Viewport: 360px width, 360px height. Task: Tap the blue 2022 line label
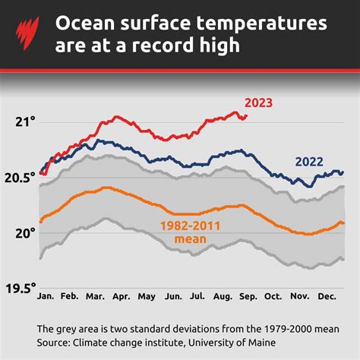click(309, 161)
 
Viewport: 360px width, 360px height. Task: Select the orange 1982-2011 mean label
click(185, 232)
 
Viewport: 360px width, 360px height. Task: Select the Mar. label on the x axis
click(95, 296)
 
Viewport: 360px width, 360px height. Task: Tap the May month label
click(147, 296)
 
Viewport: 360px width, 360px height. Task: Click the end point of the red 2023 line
click(246, 116)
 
